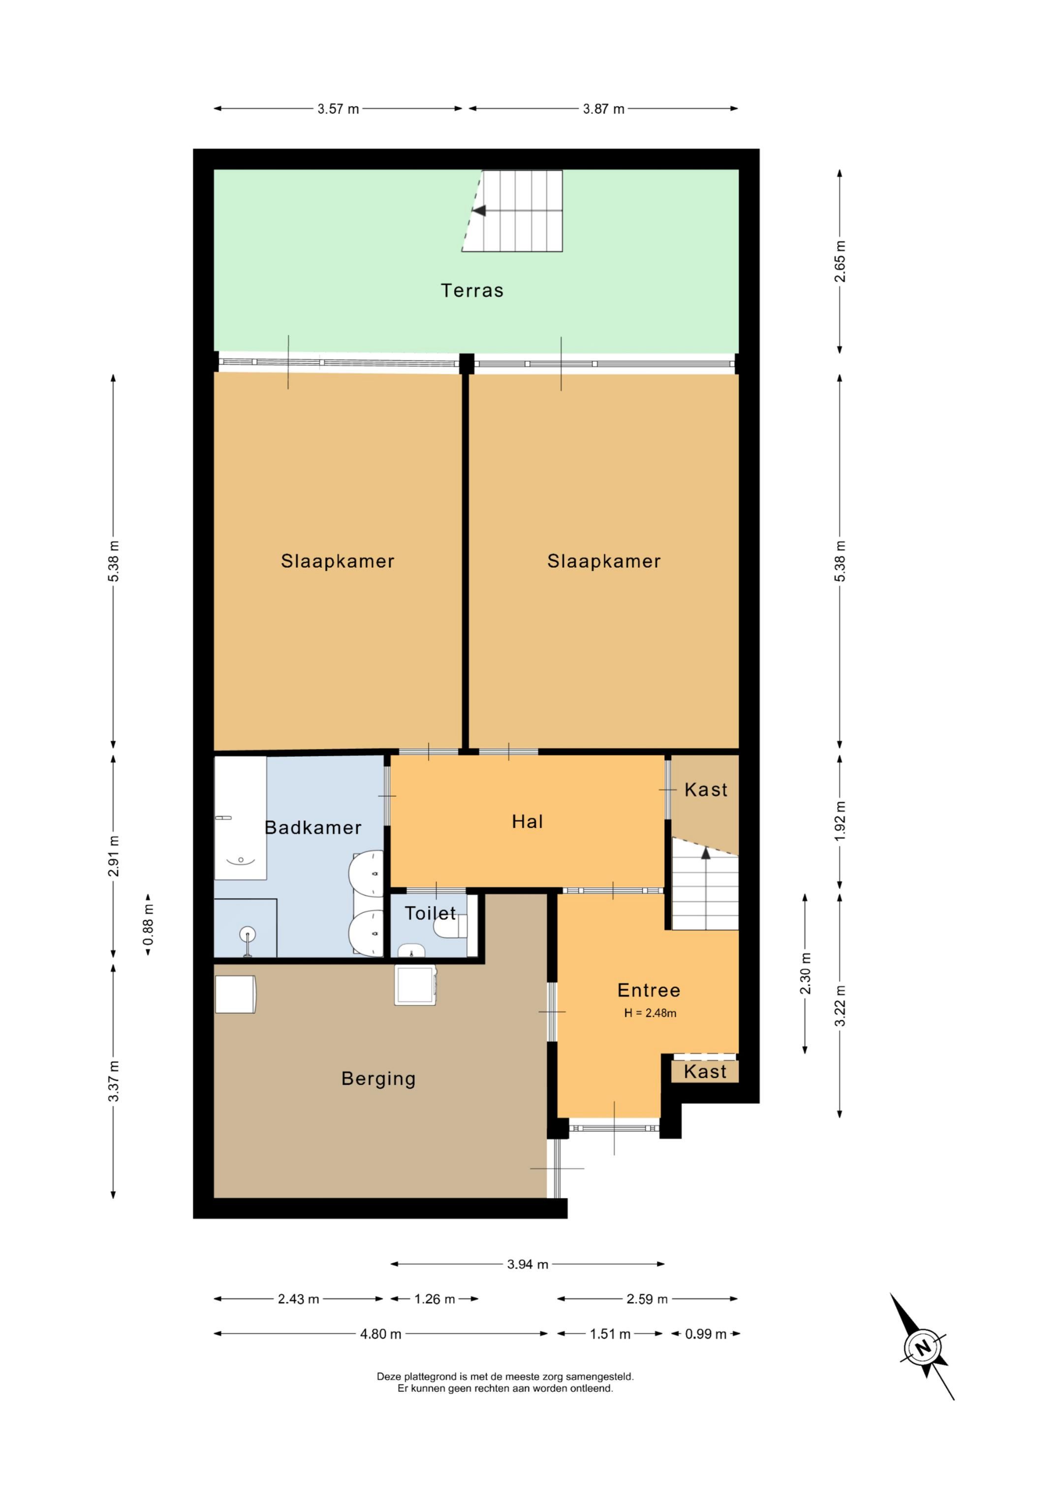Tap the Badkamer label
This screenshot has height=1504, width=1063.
point(313,828)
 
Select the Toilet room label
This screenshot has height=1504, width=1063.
point(430,913)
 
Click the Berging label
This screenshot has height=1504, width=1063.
point(378,1079)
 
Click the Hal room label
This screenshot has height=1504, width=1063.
point(527,822)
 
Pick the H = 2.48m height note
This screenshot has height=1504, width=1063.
point(650,1013)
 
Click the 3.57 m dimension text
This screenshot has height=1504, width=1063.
point(338,109)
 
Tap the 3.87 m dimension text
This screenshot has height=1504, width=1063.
point(603,109)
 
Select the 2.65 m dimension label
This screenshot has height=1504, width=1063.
point(840,261)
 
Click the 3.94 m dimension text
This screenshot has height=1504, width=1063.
point(527,1264)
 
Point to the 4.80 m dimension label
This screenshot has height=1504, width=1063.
point(380,1334)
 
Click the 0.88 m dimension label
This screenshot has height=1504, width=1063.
point(149,926)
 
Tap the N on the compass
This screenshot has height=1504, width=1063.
point(922,1348)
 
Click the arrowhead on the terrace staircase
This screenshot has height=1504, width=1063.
point(479,211)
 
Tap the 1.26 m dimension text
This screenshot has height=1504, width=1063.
point(434,1299)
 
